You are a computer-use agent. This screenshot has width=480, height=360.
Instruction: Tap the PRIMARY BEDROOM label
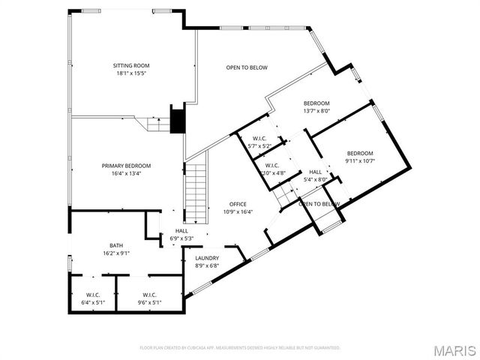126,166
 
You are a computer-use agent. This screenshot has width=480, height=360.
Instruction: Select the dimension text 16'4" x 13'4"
126,173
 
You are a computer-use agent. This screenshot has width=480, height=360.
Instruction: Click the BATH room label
116,245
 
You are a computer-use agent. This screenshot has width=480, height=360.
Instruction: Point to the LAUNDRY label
206,258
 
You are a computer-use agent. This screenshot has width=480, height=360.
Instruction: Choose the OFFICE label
238,204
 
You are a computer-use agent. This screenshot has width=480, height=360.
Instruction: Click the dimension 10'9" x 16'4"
238,211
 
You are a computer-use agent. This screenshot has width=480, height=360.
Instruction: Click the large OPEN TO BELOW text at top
247,67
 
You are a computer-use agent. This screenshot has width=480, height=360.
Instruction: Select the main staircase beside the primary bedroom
195,192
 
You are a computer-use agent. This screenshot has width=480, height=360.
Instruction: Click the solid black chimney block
178,121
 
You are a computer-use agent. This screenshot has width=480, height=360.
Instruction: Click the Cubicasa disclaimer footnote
240,348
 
